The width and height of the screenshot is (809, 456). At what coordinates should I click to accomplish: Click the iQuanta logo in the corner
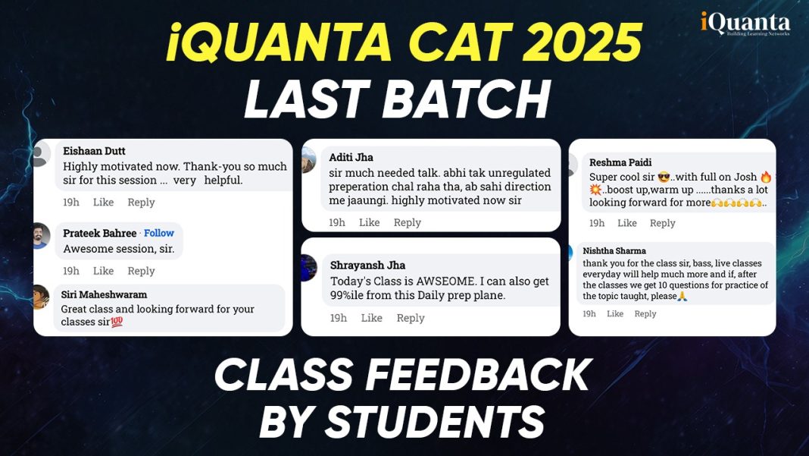click(x=745, y=24)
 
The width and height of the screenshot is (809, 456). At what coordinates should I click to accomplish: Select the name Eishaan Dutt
click(x=94, y=151)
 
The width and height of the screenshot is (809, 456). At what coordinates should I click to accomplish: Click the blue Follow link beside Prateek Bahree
click(x=159, y=233)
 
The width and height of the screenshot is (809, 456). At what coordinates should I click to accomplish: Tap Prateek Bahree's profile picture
click(x=38, y=236)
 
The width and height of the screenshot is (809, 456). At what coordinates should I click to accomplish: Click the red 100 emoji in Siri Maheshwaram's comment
click(x=117, y=322)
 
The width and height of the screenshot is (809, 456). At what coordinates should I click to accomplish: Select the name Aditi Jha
click(x=351, y=157)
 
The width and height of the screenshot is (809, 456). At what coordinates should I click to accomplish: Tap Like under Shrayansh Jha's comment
click(x=371, y=318)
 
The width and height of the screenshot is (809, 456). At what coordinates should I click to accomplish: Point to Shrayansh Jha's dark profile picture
click(x=308, y=268)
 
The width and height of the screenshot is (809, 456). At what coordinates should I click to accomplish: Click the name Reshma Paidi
click(x=620, y=162)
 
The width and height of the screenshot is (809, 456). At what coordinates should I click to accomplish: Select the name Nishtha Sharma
click(x=615, y=250)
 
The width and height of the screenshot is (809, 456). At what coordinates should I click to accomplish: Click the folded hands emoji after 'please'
click(x=682, y=297)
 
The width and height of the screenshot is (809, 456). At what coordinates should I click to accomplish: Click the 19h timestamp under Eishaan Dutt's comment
click(x=71, y=203)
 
